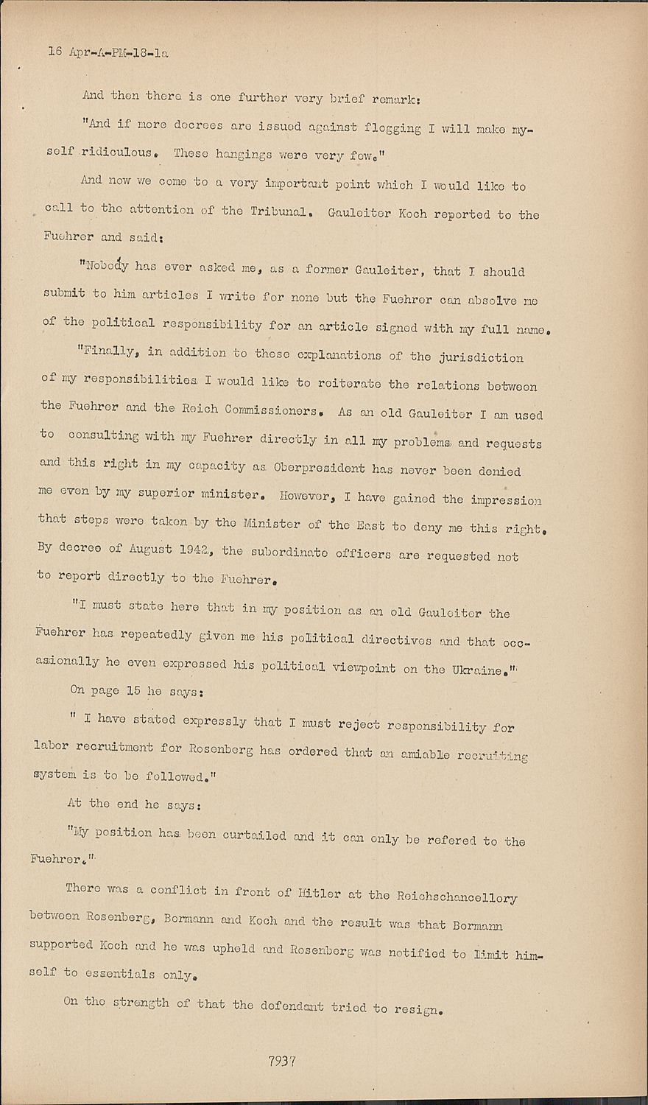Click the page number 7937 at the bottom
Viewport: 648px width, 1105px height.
point(282,1062)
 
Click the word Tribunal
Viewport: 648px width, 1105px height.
point(278,211)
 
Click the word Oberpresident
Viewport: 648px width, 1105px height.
point(319,468)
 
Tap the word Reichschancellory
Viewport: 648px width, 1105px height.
point(457,897)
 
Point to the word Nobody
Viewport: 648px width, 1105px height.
point(108,267)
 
